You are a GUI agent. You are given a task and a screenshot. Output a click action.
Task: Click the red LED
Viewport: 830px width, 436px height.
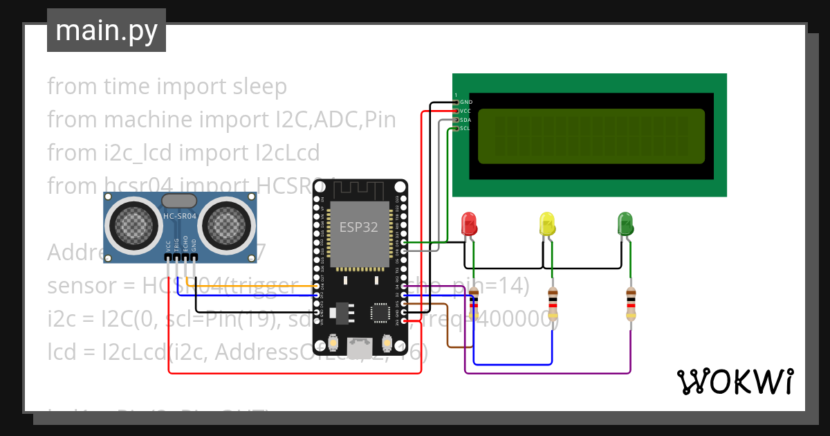click(469, 224)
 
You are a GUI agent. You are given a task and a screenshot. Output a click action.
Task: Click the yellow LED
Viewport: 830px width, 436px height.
click(547, 224)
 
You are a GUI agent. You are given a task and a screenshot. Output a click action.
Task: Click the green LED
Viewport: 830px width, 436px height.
click(625, 224)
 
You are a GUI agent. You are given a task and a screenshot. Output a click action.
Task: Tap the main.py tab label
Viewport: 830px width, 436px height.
click(106, 30)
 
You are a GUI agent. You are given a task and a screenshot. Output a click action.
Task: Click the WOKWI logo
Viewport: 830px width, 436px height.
click(735, 381)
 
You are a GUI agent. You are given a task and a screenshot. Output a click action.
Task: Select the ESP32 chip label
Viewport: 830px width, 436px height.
click(358, 226)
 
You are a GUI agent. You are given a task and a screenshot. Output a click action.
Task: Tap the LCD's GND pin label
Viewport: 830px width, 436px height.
click(466, 102)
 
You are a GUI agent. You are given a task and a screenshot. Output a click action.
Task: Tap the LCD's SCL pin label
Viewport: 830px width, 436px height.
click(465, 128)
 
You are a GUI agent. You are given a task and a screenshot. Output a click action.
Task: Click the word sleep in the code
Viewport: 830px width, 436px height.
click(257, 87)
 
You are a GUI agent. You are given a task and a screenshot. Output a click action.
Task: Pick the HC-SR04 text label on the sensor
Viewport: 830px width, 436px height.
click(179, 217)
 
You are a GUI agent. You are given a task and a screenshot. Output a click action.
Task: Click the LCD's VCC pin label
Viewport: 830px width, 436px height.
click(466, 111)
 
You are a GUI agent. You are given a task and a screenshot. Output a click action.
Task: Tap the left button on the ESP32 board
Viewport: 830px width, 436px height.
click(333, 343)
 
